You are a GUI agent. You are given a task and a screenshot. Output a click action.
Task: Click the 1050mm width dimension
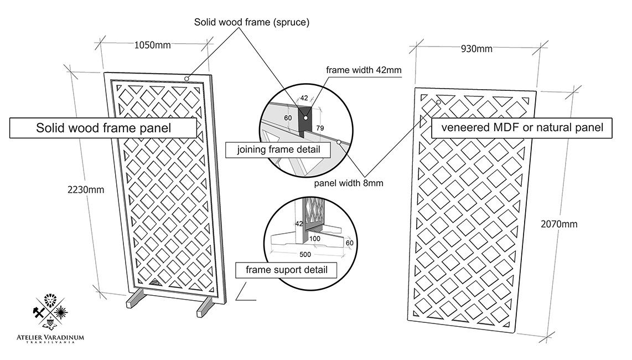[153, 45]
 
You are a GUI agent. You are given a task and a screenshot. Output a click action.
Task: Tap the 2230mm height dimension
[86, 189]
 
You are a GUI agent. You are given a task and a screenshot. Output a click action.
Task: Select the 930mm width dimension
[476, 49]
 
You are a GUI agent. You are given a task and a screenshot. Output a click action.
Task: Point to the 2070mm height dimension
[558, 224]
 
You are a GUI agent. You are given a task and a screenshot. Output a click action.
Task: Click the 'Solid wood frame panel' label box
[103, 128]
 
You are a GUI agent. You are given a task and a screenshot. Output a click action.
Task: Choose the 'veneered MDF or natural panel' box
[522, 128]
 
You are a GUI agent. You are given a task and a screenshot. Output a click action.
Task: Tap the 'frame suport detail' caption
[286, 270]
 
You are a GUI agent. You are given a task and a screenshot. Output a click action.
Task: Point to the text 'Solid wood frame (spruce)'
[251, 23]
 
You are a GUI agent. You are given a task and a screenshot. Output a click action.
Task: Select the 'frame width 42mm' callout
[364, 70]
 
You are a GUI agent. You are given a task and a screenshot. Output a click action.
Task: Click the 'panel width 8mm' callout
[349, 183]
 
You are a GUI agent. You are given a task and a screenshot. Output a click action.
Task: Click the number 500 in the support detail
[304, 254]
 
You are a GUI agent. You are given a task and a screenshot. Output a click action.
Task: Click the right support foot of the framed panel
[205, 307]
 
